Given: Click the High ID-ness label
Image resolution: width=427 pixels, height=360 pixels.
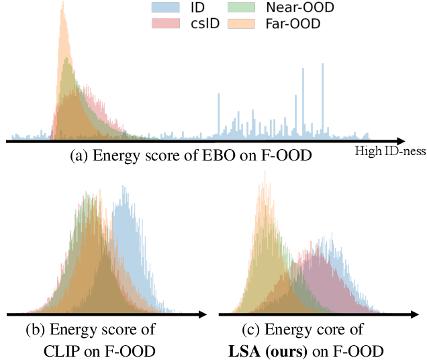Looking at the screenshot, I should pyautogui.click(x=389, y=152).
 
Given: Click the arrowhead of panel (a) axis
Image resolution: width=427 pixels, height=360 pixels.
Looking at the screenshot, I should pyautogui.click(x=399, y=141).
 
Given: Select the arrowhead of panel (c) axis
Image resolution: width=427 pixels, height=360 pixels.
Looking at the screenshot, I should pyautogui.click(x=414, y=314).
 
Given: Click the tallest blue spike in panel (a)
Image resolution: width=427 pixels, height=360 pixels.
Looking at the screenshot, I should pyautogui.click(x=322, y=65).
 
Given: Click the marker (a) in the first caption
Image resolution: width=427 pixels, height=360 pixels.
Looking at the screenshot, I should pyautogui.click(x=79, y=156).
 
